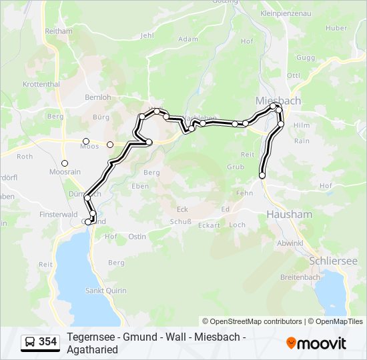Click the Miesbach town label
278,100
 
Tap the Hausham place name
289,215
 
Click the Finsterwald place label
59,215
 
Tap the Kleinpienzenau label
287,13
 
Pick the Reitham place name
58,31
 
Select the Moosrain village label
65,172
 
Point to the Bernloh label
99,97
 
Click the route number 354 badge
48,342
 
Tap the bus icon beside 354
30,343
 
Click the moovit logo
316,343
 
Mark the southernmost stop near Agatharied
262,175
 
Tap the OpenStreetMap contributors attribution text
252,321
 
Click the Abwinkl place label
290,243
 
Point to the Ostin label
136,237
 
